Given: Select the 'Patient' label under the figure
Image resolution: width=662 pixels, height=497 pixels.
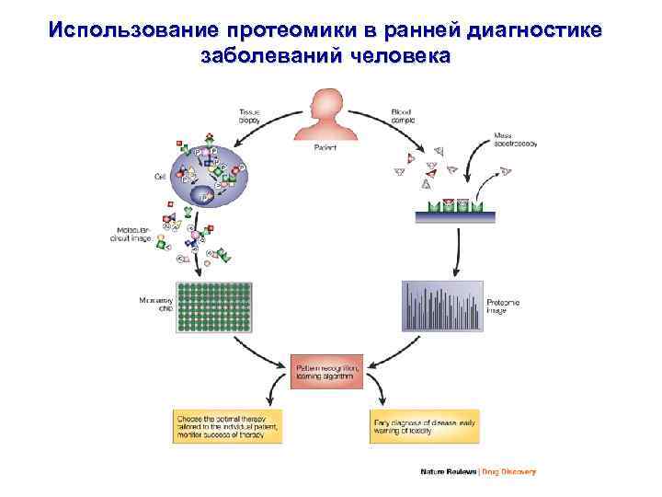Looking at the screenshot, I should (x=326, y=147).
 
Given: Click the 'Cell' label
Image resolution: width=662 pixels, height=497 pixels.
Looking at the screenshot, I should (x=160, y=177).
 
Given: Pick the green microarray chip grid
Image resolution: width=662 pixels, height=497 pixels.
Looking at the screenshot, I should (x=215, y=306).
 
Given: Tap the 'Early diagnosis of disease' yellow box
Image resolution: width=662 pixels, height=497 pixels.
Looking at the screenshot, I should (x=427, y=427).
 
